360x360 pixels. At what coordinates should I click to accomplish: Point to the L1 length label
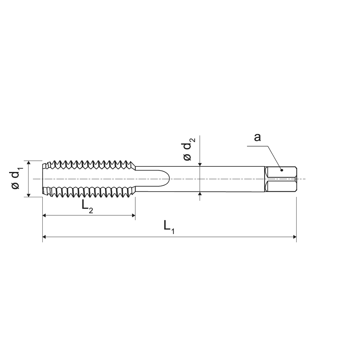coord(169,227)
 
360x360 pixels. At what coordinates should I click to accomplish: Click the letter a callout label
coord(257,138)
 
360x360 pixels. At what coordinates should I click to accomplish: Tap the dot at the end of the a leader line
coord(282,170)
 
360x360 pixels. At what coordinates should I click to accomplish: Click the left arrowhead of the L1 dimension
coord(44,237)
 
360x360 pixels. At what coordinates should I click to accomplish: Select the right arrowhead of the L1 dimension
coord(295,237)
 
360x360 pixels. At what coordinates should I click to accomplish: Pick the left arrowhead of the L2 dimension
coord(44,216)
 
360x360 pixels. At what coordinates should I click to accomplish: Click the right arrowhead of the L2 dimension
coord(133,216)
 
